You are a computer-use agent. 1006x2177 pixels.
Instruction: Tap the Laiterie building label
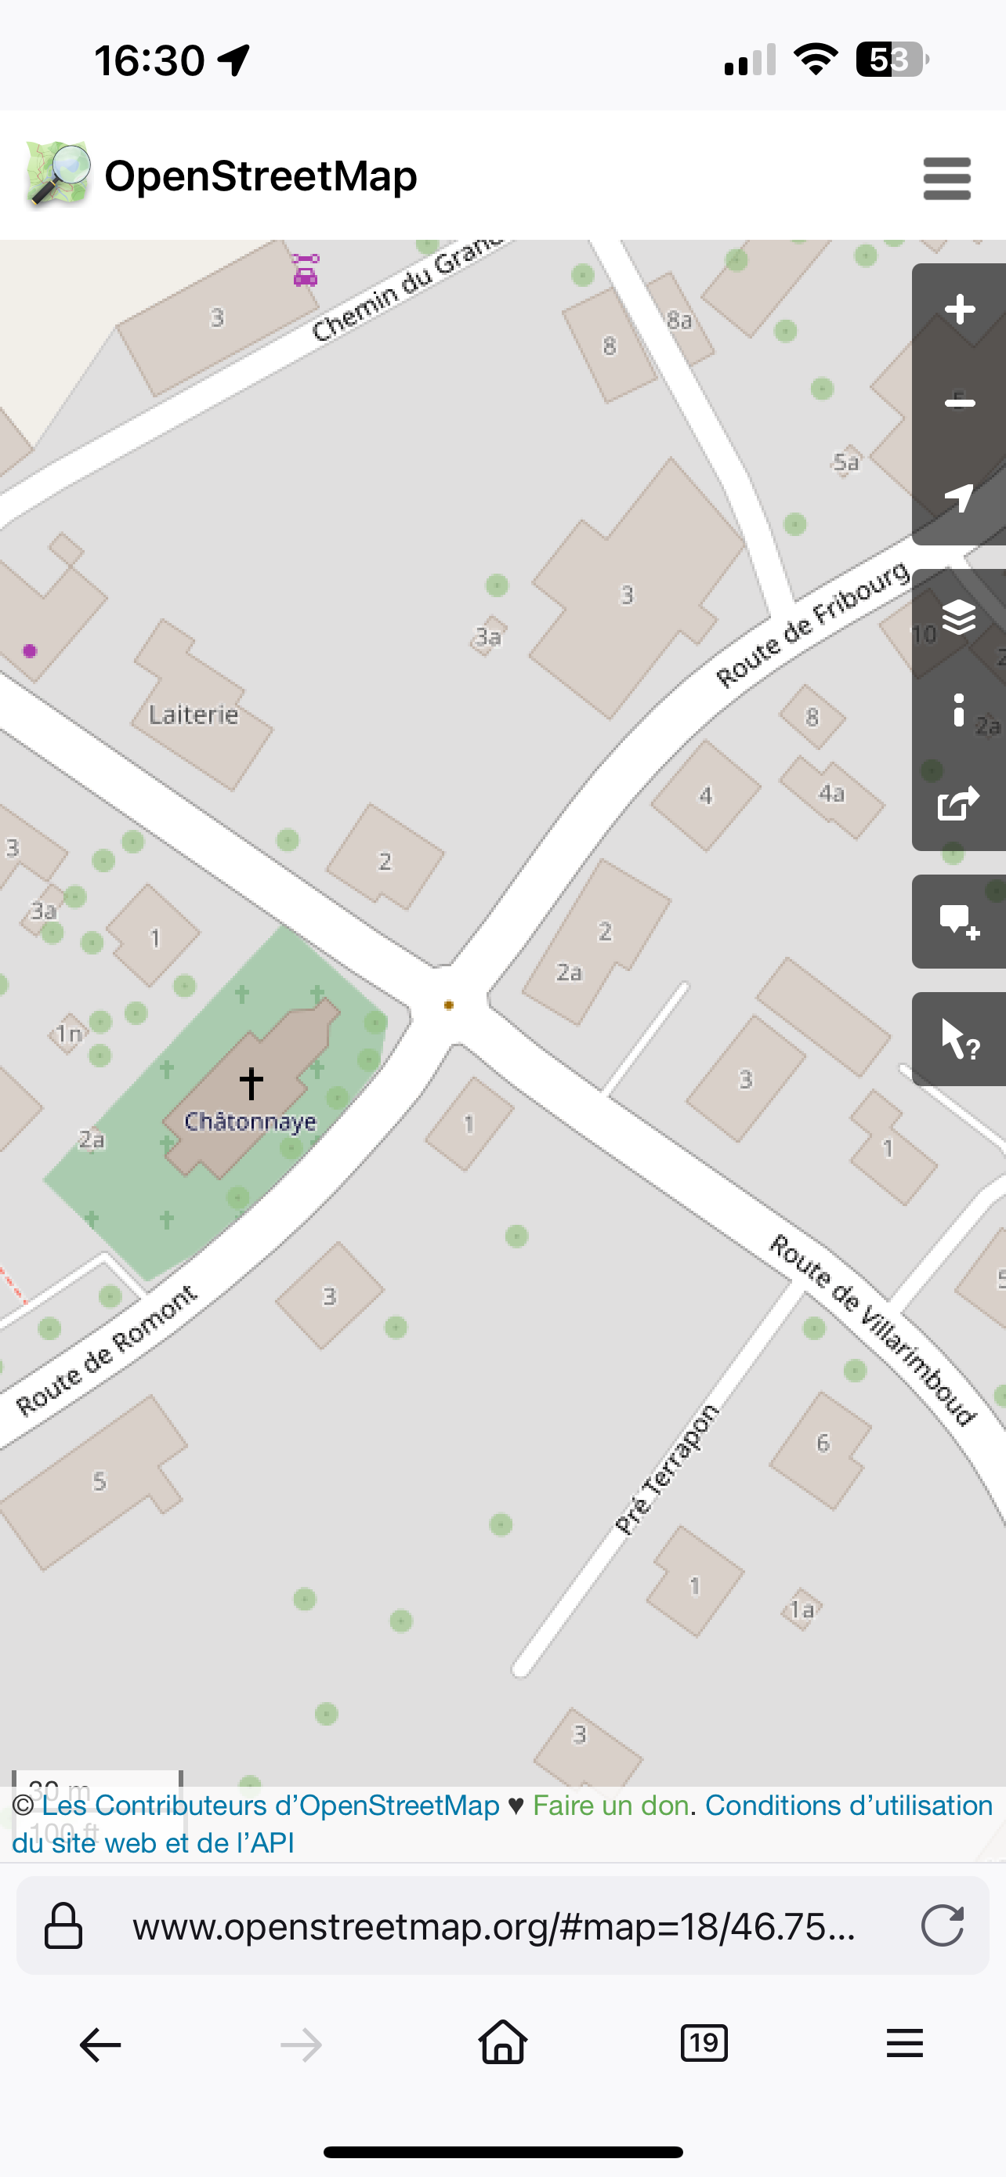tap(194, 715)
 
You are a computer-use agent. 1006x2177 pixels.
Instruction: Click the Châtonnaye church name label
tap(250, 1121)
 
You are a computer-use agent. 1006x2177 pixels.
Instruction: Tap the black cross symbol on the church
tap(251, 1082)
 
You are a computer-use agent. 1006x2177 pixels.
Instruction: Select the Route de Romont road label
tap(107, 1349)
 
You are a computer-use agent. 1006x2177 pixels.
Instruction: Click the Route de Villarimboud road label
tap(874, 1329)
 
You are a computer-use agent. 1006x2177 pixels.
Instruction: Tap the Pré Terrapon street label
tap(667, 1469)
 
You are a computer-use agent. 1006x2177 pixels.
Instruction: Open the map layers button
tap(959, 617)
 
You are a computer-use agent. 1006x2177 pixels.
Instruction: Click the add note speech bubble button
tap(959, 921)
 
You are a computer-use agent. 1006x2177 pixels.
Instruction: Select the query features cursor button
tap(959, 1038)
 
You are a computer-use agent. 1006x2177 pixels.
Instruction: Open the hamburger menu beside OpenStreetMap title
tap(947, 179)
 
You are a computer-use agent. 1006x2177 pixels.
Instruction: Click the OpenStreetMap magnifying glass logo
tap(57, 175)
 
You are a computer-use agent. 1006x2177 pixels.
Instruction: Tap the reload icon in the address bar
tap(942, 1926)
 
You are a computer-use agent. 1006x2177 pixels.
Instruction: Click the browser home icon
tap(502, 2044)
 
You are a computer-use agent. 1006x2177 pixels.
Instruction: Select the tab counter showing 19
tap(704, 2044)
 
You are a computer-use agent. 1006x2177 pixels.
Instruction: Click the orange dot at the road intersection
tap(448, 1005)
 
